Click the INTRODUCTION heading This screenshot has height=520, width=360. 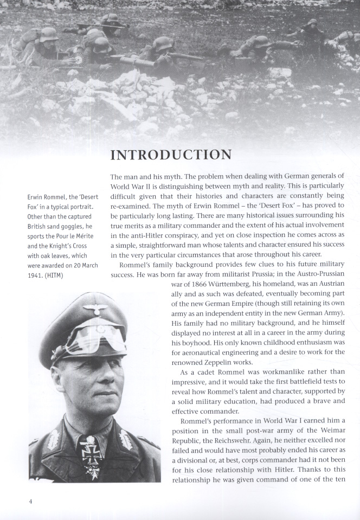click(171, 155)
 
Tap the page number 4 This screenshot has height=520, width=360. click(31, 501)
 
